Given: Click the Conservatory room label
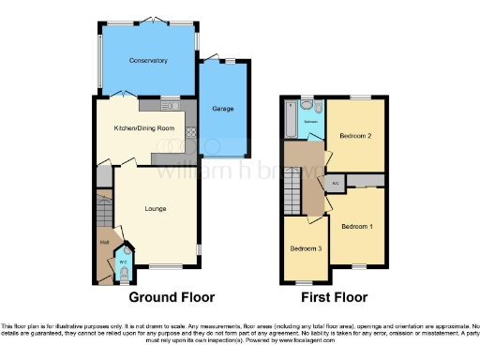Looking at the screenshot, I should point(148,61).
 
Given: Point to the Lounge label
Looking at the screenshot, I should point(156,208).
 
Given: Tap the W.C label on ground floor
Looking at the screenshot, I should point(123,262).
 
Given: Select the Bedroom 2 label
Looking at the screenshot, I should point(355,137).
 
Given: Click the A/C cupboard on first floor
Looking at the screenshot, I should point(335,182).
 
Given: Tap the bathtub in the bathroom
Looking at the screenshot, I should point(290,119).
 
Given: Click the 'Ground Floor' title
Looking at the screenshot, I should point(172,297).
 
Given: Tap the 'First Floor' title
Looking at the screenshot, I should point(333,297).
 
